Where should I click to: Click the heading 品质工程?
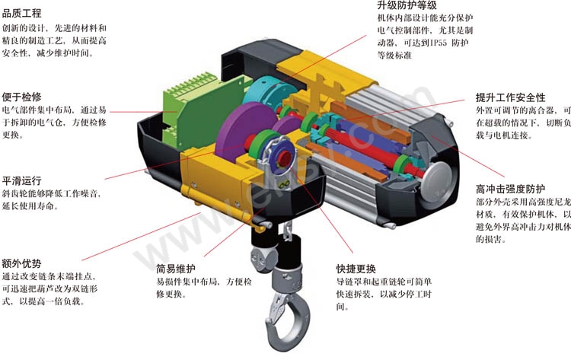22,14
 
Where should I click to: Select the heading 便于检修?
22,97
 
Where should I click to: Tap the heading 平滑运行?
22,180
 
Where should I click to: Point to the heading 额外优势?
22,263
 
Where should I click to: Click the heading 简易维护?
176,269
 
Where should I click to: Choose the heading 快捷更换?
356,269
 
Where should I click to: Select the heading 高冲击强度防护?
511,189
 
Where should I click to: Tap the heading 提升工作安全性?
511,97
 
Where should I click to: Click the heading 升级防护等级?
407,5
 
